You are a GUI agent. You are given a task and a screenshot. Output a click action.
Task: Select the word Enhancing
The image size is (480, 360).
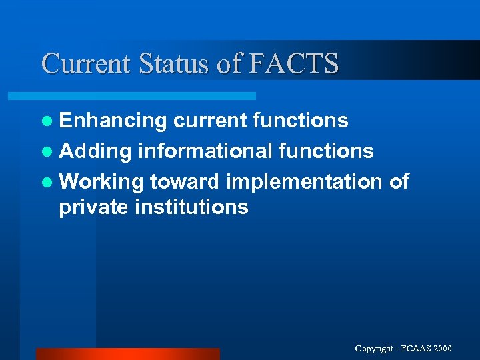click(113, 121)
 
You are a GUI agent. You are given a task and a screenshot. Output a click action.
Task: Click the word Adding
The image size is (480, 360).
click(95, 152)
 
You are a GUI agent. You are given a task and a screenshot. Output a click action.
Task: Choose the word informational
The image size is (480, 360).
click(204, 151)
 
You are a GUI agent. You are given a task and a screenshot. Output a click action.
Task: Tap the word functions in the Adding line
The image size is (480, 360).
click(325, 151)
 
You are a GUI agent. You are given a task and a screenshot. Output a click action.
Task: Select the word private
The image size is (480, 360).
click(93, 207)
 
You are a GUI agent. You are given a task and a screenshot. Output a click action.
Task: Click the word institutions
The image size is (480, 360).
click(191, 207)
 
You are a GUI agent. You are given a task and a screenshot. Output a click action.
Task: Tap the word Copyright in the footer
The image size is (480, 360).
click(375, 349)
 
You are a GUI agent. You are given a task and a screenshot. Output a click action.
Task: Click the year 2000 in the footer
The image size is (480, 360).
click(441, 349)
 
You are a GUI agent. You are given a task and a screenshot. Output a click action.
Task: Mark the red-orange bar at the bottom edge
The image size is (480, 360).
click(127, 354)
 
